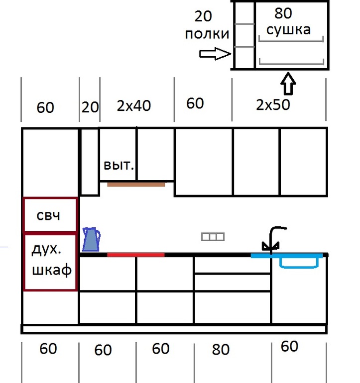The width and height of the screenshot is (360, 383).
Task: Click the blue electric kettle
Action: point(91,240)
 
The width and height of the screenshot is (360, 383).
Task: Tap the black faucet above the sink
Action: point(273,239)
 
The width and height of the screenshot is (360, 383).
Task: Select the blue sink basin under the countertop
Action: point(299,262)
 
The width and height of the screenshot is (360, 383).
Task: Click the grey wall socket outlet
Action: point(213,237)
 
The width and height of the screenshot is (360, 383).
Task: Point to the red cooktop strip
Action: point(135,255)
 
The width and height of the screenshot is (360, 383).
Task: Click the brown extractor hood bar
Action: point(135,185)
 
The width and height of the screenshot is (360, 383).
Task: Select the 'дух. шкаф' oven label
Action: point(50,261)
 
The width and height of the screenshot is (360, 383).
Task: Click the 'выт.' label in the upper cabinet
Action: point(119,165)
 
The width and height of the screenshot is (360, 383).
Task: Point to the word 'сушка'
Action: point(288,29)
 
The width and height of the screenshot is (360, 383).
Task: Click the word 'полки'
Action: point(207,34)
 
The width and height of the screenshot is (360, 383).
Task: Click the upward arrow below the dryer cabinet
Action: point(288,84)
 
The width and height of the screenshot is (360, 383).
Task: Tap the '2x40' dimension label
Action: point(133,105)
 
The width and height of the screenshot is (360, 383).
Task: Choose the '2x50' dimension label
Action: point(273,105)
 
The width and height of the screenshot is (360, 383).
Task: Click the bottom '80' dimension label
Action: point(220,350)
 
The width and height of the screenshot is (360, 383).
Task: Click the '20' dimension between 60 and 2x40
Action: point(90,107)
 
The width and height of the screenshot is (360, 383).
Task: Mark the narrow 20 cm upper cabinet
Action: point(90,162)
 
